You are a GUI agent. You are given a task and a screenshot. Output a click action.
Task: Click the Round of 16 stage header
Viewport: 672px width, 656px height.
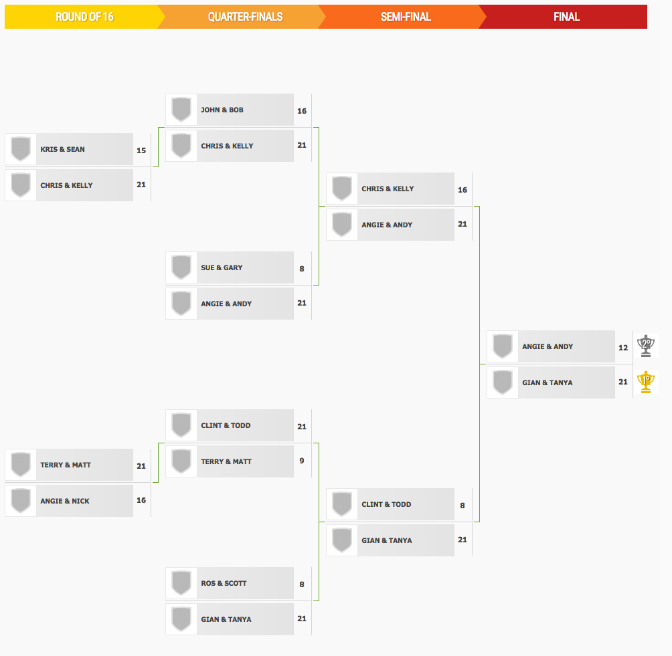coord(84,17)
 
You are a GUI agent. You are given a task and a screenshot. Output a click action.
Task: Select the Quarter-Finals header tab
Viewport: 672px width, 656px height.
coord(245,17)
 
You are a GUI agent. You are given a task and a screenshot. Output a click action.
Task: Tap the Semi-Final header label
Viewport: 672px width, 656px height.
coord(406,17)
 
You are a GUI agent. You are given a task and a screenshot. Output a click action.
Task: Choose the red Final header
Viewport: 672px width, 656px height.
coord(566,17)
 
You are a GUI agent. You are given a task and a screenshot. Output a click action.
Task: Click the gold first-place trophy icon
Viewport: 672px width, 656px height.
coord(645,382)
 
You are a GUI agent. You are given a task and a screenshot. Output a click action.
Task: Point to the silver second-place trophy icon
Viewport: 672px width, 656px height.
coord(645,346)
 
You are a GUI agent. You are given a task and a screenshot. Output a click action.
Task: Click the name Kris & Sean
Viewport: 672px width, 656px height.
coord(62,149)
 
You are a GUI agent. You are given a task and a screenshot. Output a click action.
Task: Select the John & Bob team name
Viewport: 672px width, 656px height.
coord(222,110)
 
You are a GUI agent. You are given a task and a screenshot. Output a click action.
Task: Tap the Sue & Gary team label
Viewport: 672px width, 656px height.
coord(222,267)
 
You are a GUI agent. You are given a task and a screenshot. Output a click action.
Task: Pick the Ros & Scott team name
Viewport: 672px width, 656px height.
coord(224,583)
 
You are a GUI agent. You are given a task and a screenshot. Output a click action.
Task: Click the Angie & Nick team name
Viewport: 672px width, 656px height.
coord(65,501)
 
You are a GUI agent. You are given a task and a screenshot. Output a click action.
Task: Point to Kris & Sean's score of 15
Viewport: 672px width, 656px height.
coord(141,150)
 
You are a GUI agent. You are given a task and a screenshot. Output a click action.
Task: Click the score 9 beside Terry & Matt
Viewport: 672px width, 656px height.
coord(302,461)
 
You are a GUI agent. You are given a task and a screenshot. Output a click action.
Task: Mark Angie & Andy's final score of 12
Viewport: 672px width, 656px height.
coord(623,348)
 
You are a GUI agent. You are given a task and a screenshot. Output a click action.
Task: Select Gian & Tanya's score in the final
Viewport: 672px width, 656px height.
coord(623,382)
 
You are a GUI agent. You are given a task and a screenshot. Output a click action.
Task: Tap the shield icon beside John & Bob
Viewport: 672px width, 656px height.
coord(181,110)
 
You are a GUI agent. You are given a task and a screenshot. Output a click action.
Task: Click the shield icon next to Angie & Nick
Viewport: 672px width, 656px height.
coord(21,501)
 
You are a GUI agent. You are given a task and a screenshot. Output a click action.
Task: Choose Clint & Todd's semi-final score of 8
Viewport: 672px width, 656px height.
coord(463,506)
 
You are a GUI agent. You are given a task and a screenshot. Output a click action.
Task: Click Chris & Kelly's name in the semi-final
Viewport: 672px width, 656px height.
coord(388,189)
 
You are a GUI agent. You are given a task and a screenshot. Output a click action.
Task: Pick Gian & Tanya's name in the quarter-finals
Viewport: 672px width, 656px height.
coord(226,619)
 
